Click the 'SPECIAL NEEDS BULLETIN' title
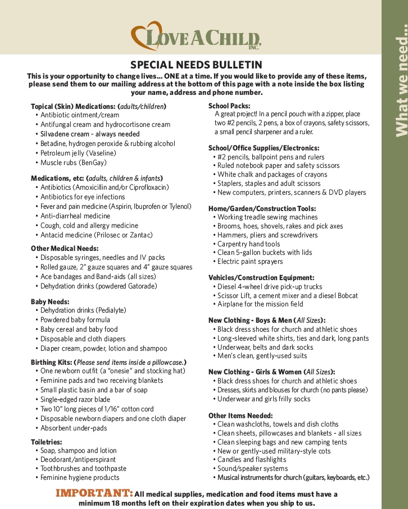click(196, 65)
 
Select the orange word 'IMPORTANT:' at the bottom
click(94, 493)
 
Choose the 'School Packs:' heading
click(229, 106)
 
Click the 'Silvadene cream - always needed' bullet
click(90, 134)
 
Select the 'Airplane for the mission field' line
click(260, 304)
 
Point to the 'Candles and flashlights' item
click(252, 460)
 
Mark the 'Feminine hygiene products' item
click(80, 478)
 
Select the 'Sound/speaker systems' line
click(252, 469)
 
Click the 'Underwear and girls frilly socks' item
click(264, 399)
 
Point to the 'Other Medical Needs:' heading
click(65, 248)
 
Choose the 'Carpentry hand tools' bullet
click(248, 244)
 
